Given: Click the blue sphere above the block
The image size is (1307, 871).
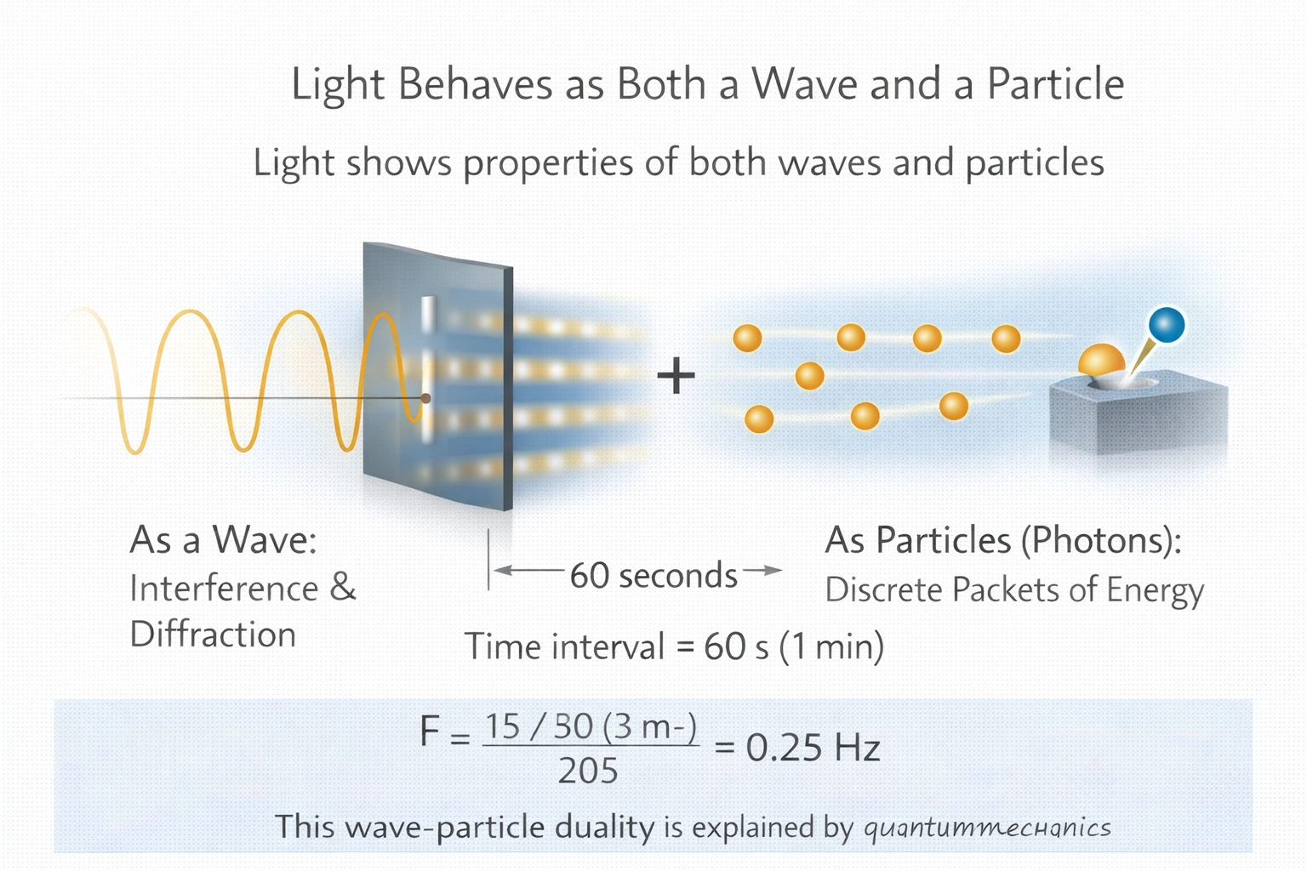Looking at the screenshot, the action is point(1167,325).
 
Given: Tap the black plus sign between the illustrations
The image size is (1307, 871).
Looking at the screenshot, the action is point(676,376).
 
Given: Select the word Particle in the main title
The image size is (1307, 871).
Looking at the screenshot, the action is point(1055,84).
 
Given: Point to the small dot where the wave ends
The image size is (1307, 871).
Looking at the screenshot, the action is point(426,398).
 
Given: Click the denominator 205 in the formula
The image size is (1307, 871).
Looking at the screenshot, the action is point(588,771).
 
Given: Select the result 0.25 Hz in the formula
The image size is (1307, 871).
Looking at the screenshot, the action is point(813,748).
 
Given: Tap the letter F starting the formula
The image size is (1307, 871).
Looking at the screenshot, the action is point(430,732).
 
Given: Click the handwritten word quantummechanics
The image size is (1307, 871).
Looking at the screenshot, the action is point(987,828).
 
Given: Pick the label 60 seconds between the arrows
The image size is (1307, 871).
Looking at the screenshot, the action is point(653,575).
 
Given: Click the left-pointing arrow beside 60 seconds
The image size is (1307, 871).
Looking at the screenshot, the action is point(528,570).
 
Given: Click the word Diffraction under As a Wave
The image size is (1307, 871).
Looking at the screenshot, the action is point(213,635).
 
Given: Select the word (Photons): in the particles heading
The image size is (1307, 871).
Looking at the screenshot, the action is point(1101,541).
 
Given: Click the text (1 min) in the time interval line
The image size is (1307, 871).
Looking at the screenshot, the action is point(831,647).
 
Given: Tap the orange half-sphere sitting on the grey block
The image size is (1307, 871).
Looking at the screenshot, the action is point(1101,359).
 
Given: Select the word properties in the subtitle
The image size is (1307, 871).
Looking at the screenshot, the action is point(548,162).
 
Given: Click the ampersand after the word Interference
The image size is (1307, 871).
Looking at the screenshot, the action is point(343,587).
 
